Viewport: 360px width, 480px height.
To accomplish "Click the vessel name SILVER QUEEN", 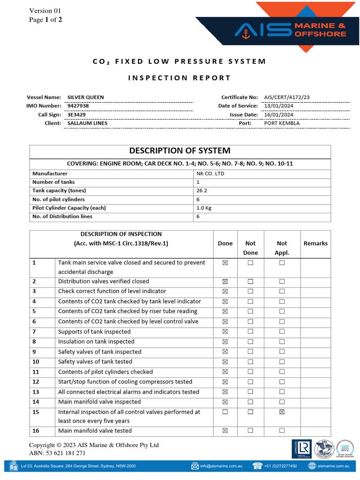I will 86,97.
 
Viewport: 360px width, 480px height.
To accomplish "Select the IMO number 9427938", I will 78,106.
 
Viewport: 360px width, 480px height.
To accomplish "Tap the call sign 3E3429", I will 77,114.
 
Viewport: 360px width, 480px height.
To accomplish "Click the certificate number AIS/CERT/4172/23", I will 286,97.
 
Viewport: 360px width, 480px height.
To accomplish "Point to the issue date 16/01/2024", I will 278,114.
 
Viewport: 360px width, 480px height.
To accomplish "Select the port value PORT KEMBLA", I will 282,123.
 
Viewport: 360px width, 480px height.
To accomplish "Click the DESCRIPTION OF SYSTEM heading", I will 180,151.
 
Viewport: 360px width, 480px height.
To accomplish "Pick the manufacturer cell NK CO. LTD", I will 210,174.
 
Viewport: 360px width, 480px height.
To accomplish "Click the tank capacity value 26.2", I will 202,191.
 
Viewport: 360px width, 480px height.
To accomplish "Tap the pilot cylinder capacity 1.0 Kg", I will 204,208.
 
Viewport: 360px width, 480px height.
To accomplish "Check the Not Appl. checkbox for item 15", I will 282,412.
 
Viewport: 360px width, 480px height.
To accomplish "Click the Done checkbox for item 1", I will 225,263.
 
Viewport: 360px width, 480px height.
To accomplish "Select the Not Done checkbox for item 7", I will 250,332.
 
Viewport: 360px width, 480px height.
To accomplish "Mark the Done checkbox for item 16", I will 225,430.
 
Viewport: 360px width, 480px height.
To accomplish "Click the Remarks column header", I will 315,243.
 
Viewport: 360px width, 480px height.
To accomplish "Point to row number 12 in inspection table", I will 36,382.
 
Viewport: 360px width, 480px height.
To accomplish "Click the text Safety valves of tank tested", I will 95,362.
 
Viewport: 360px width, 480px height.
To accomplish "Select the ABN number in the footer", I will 57,453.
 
